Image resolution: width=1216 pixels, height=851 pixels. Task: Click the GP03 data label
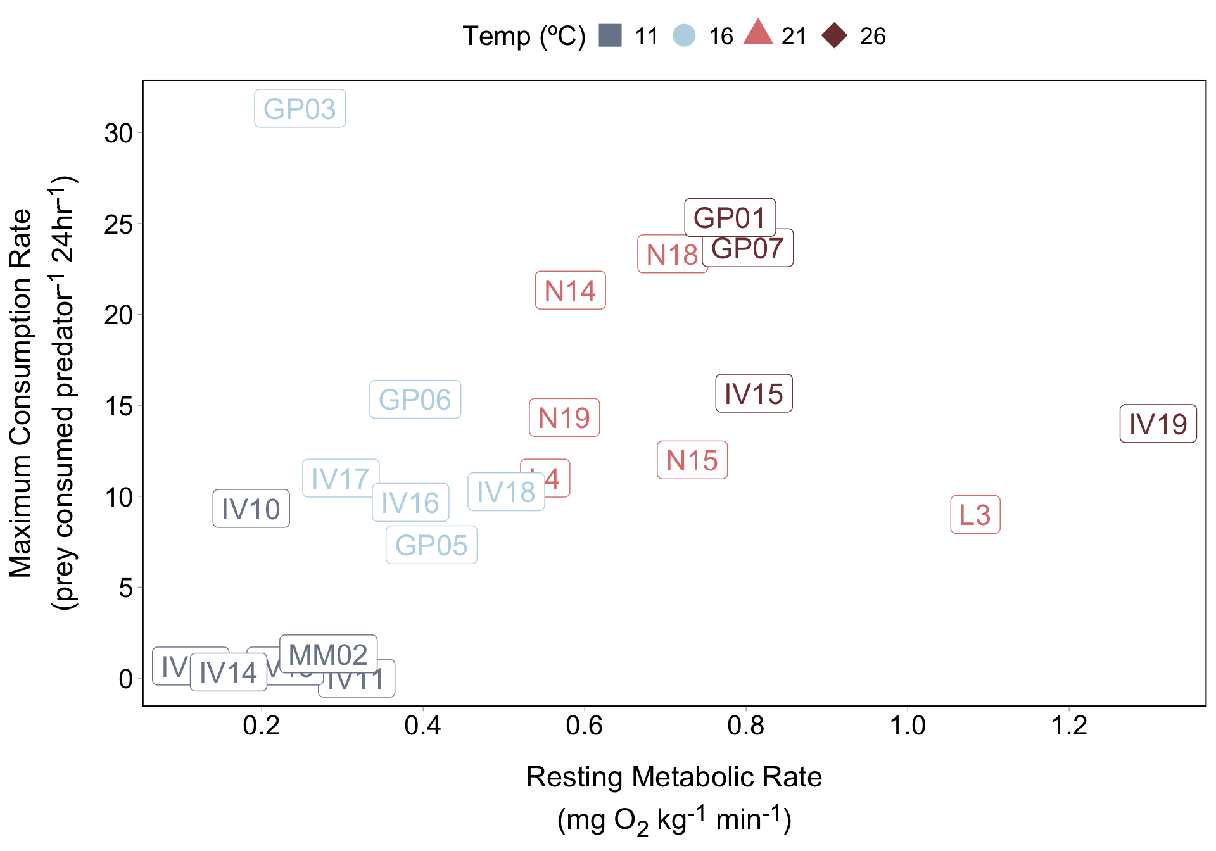(x=300, y=109)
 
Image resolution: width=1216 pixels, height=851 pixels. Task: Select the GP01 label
(x=730, y=218)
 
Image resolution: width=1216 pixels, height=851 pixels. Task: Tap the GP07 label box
(x=748, y=248)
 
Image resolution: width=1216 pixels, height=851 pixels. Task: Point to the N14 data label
(x=570, y=291)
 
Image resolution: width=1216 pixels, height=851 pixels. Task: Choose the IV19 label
(x=1158, y=424)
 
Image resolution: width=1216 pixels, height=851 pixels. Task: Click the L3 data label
(x=975, y=515)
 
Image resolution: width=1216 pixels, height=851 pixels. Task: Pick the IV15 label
(x=754, y=393)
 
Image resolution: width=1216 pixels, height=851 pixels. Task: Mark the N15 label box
(x=692, y=460)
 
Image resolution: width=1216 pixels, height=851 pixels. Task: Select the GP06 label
(x=415, y=400)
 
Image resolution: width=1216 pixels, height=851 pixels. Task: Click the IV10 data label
(x=251, y=508)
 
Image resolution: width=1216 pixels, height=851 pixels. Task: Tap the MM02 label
(x=328, y=654)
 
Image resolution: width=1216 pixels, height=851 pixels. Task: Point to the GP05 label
(x=431, y=545)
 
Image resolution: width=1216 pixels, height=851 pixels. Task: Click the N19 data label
(x=564, y=418)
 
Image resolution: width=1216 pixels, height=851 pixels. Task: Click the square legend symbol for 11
(x=611, y=36)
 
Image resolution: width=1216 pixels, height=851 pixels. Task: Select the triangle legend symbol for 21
(x=758, y=34)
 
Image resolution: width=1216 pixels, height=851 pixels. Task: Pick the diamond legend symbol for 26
(x=835, y=36)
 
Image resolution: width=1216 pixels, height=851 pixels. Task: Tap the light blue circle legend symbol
(x=684, y=36)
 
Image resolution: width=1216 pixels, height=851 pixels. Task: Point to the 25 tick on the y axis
(x=118, y=225)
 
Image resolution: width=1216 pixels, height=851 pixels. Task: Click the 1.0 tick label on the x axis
(x=908, y=726)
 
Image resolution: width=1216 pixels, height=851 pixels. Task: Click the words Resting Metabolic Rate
(x=674, y=777)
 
